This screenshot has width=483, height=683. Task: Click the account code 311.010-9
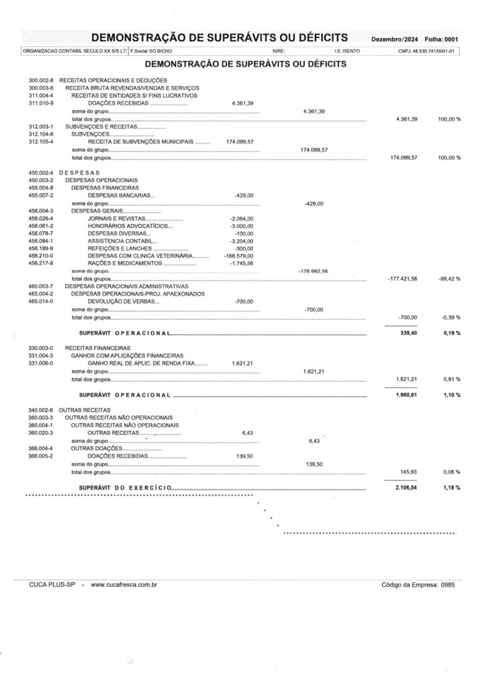point(41,103)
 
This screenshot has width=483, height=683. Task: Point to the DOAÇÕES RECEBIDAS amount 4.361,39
point(242,103)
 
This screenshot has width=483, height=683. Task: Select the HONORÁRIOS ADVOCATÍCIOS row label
point(129,225)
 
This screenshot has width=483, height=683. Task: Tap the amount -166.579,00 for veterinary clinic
point(239,255)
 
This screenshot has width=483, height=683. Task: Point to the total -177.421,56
point(402,278)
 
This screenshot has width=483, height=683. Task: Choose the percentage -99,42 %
point(449,278)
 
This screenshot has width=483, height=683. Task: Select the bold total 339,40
point(408,332)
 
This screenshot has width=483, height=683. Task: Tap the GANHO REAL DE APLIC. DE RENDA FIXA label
point(144,364)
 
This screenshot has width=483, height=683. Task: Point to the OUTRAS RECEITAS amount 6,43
point(248,434)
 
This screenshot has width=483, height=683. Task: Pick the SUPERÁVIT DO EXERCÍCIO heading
point(126,488)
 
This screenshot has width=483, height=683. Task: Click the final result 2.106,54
point(406,488)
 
